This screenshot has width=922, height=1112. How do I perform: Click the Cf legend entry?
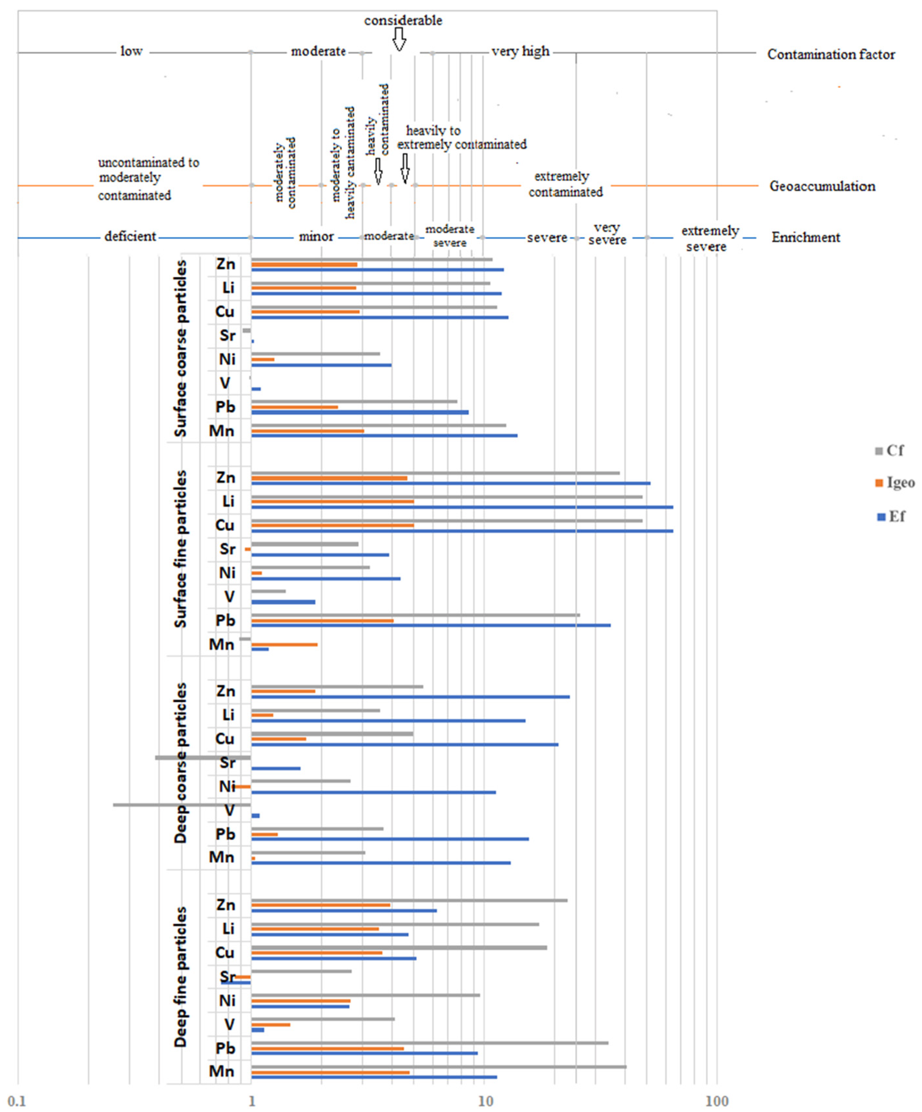pyautogui.click(x=890, y=451)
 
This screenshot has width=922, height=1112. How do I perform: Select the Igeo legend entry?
pyautogui.click(x=895, y=482)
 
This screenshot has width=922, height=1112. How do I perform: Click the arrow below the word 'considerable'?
pyautogui.click(x=399, y=39)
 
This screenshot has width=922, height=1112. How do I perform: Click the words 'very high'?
pyautogui.click(x=520, y=52)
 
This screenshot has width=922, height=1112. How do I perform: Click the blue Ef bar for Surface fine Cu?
pyautogui.click(x=462, y=531)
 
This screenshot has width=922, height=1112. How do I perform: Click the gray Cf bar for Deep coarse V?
pyautogui.click(x=182, y=805)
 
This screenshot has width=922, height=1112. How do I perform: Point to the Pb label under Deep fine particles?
pyautogui.click(x=225, y=1048)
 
